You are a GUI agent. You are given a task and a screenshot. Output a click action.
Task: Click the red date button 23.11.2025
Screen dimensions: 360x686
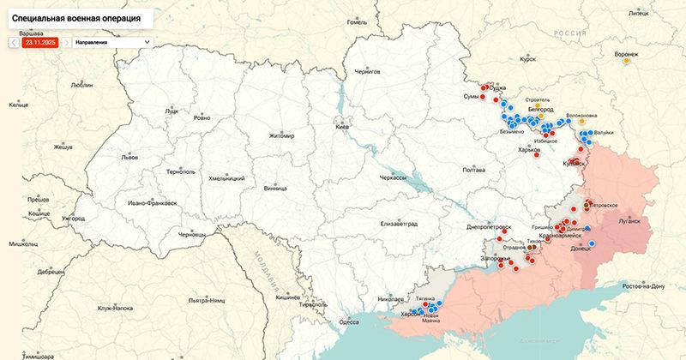click(x=40, y=41)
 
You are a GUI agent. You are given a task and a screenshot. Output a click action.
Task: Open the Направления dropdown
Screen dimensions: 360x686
click(x=111, y=41)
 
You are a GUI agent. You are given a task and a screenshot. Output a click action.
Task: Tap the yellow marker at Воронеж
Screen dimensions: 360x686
click(x=627, y=60)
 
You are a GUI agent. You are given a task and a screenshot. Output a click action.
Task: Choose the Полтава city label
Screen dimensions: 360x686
click(x=474, y=170)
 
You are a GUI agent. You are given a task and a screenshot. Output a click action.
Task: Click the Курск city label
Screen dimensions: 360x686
click(x=527, y=60)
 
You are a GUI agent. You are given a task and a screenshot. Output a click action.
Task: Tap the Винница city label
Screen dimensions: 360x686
click(x=275, y=187)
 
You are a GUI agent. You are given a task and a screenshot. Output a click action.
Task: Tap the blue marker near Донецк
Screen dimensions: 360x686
click(x=592, y=244)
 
